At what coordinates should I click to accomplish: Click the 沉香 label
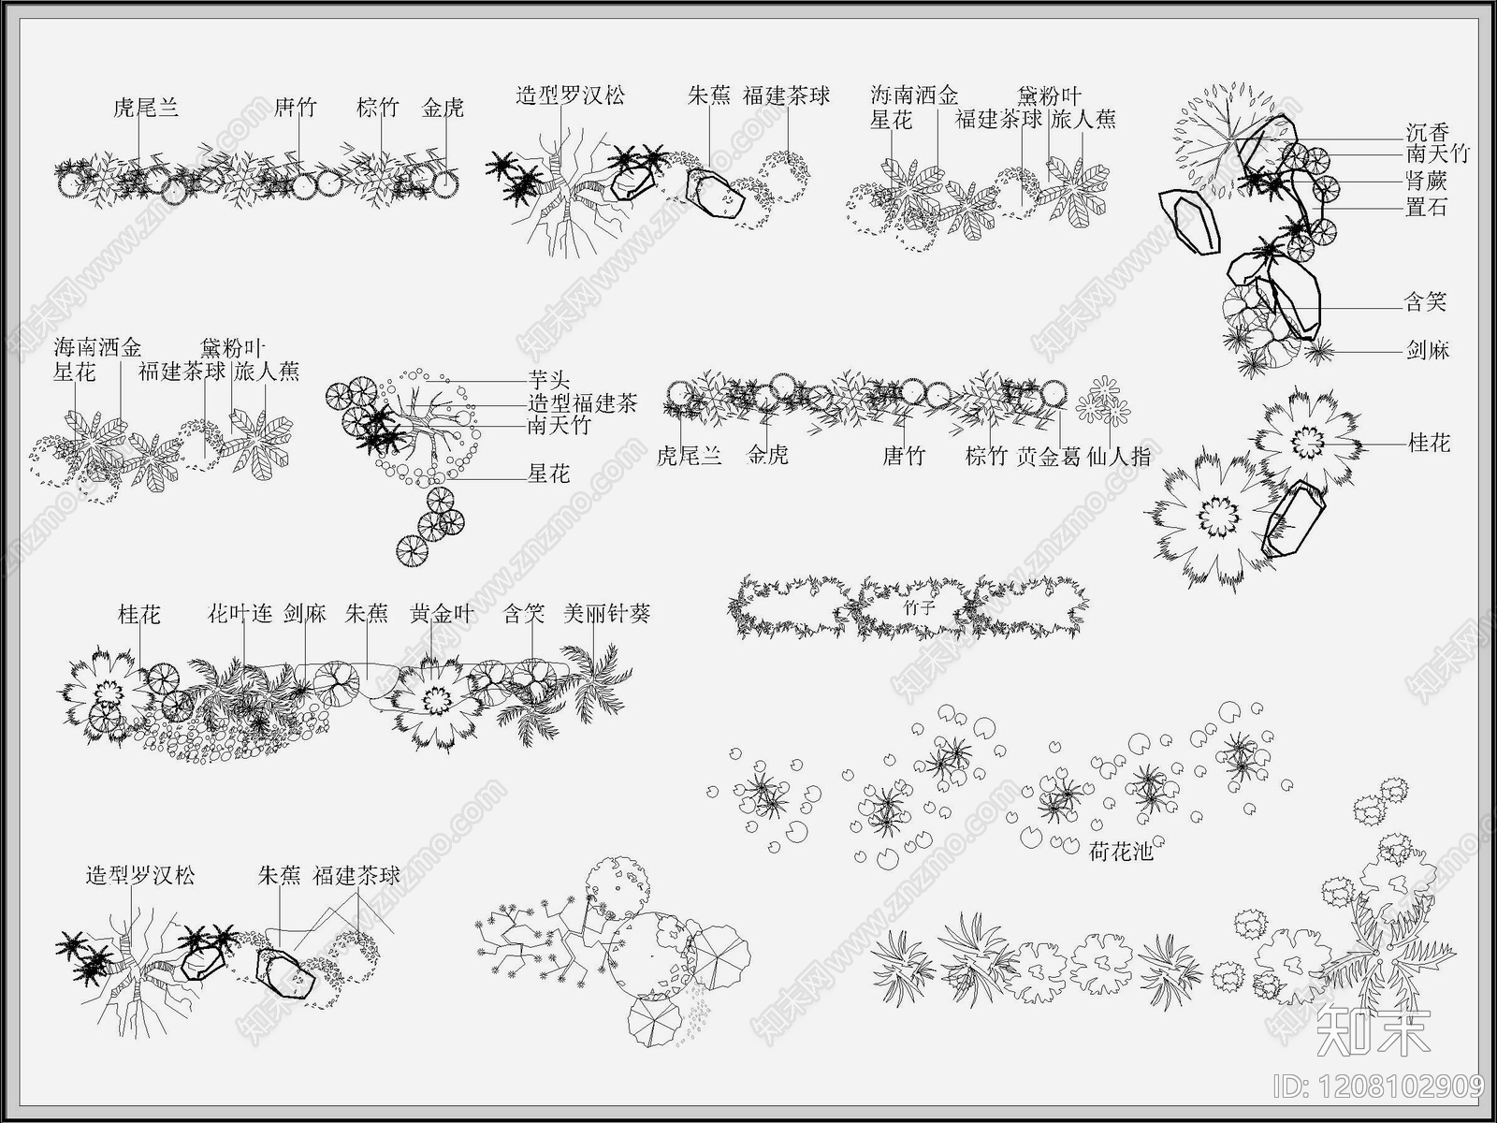click(1427, 133)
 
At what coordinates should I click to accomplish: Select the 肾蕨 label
click(1427, 181)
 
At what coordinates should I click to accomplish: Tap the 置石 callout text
click(1427, 207)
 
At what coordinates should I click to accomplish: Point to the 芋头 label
click(549, 381)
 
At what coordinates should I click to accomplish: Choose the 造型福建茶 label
click(583, 404)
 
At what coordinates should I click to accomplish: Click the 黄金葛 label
click(1049, 457)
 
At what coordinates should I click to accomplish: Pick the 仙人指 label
click(1119, 457)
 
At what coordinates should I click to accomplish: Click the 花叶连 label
click(240, 615)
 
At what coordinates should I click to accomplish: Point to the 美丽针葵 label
click(606, 615)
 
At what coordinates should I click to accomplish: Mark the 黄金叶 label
click(442, 615)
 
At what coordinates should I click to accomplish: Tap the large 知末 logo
click(1373, 1030)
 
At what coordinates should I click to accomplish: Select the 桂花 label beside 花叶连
click(139, 615)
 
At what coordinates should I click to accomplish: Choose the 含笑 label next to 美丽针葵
click(524, 615)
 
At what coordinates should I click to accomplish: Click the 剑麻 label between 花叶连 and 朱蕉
click(305, 615)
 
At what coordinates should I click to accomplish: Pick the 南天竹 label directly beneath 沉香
click(1438, 155)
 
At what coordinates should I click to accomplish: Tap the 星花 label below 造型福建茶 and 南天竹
click(549, 474)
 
